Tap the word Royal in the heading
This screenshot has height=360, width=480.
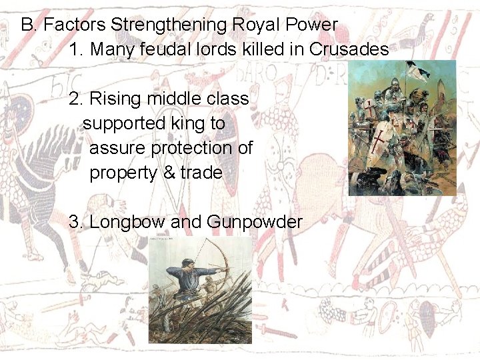click(256, 25)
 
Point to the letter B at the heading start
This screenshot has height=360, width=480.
click(28, 25)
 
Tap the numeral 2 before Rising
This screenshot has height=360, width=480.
click(75, 99)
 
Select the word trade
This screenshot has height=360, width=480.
click(201, 173)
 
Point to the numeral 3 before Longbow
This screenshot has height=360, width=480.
click(75, 222)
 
